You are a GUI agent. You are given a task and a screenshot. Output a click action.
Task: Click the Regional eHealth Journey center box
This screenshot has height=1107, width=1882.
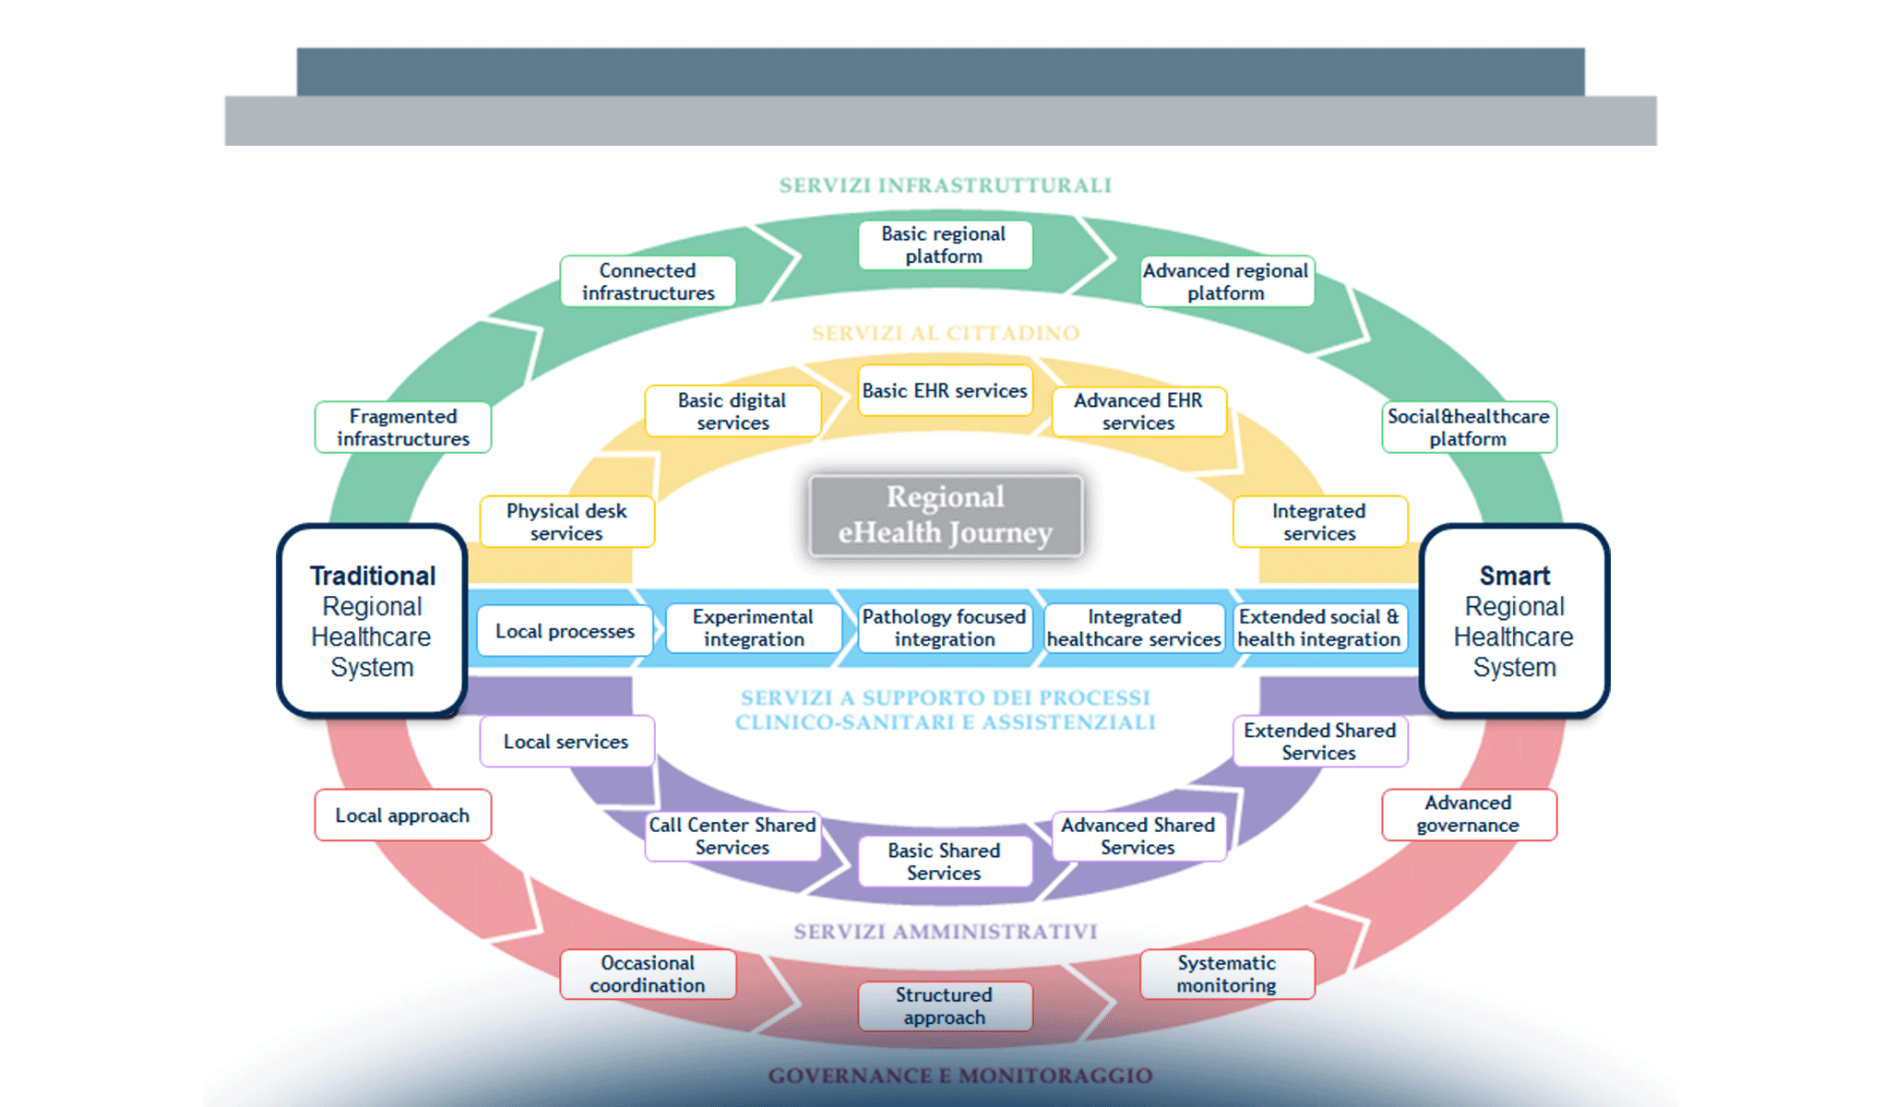(945, 515)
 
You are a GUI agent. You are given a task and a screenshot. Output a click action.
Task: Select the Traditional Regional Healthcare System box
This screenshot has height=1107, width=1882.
(372, 620)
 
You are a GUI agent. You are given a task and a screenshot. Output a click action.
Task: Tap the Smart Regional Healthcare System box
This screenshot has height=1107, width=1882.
(1514, 620)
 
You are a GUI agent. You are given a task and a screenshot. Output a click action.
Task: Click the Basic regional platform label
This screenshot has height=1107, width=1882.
(944, 245)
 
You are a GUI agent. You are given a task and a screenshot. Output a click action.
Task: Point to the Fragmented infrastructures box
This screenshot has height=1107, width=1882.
(403, 427)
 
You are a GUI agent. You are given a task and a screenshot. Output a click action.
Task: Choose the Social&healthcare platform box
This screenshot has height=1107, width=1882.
(1468, 427)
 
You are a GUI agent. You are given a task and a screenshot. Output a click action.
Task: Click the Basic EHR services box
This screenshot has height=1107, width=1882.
(944, 391)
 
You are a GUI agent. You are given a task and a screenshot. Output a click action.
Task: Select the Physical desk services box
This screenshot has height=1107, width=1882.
(566, 522)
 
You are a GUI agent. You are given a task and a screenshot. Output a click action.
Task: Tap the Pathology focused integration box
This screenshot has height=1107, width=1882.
(944, 628)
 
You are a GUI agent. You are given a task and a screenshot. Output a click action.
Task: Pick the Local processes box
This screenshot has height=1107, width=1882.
(565, 631)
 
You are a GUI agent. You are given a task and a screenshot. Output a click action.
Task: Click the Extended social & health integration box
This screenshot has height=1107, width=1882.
(1319, 628)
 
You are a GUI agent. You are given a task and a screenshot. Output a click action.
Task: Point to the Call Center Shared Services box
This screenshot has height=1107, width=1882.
(732, 836)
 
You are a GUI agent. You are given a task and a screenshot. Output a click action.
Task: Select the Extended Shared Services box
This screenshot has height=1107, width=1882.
(1319, 742)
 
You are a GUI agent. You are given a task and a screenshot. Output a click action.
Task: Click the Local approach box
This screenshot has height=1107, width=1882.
(402, 815)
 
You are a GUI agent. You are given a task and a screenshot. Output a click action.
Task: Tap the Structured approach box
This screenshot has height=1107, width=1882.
(944, 1006)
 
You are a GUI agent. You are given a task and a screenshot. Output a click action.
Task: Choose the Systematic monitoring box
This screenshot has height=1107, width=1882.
(1226, 974)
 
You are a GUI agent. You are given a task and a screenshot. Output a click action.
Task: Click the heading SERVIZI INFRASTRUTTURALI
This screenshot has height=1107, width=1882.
(945, 185)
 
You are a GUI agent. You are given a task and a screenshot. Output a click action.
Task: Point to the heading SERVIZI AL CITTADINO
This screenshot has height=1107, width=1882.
(945, 333)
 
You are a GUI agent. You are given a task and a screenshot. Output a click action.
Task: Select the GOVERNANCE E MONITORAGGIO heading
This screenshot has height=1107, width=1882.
(959, 1076)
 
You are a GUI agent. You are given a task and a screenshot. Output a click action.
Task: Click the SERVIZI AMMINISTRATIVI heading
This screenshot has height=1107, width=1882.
(945, 932)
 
